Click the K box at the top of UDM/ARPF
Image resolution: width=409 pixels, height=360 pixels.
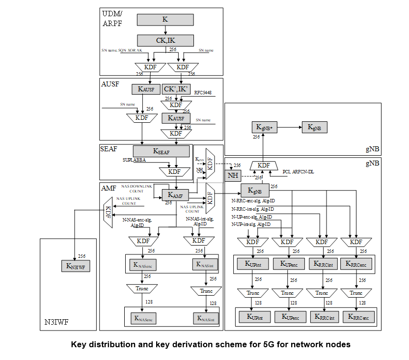point(164,20)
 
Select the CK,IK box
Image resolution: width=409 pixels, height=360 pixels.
point(164,40)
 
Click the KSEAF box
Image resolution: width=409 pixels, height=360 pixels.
point(161,151)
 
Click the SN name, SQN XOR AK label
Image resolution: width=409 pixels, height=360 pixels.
point(122,51)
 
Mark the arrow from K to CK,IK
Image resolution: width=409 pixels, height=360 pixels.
point(164,30)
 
